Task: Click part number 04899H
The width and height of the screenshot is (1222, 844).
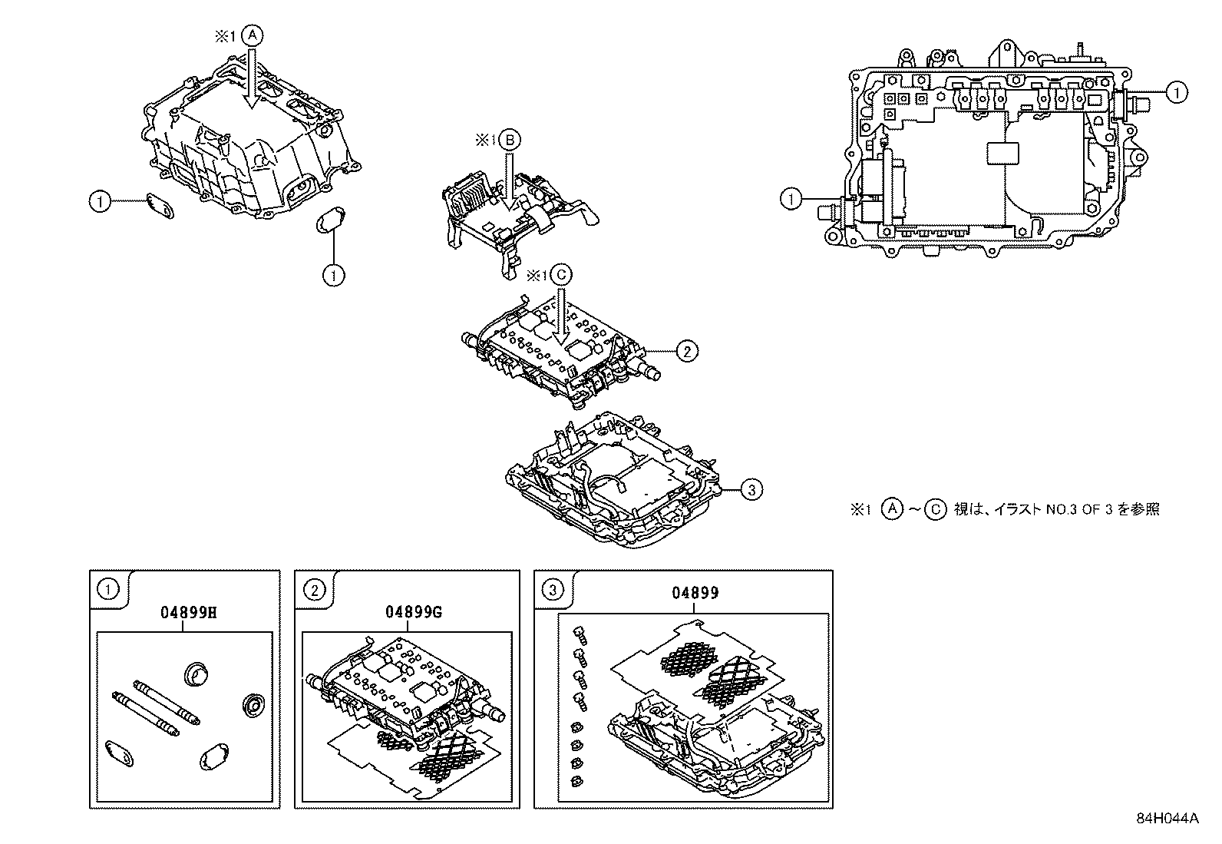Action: pyautogui.click(x=183, y=613)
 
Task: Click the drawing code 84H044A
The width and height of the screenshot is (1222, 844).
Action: pyautogui.click(x=1168, y=818)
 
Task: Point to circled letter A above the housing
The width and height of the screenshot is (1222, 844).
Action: pyautogui.click(x=253, y=36)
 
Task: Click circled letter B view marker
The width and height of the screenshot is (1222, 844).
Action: pyautogui.click(x=510, y=140)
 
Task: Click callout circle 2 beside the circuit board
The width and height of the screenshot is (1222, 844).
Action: pyautogui.click(x=686, y=351)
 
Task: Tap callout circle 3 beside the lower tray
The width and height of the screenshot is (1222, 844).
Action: pyautogui.click(x=751, y=488)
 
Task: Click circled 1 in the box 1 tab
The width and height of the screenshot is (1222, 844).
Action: pyautogui.click(x=107, y=590)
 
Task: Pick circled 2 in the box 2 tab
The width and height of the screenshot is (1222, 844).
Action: pyautogui.click(x=313, y=590)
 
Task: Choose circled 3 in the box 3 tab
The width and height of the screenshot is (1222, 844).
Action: pyautogui.click(x=553, y=590)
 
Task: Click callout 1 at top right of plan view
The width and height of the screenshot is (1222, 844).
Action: pyautogui.click(x=1174, y=92)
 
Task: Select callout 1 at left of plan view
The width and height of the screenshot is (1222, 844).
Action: pyautogui.click(x=791, y=200)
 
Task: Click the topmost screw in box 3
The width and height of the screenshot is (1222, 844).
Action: pyautogui.click(x=580, y=634)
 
